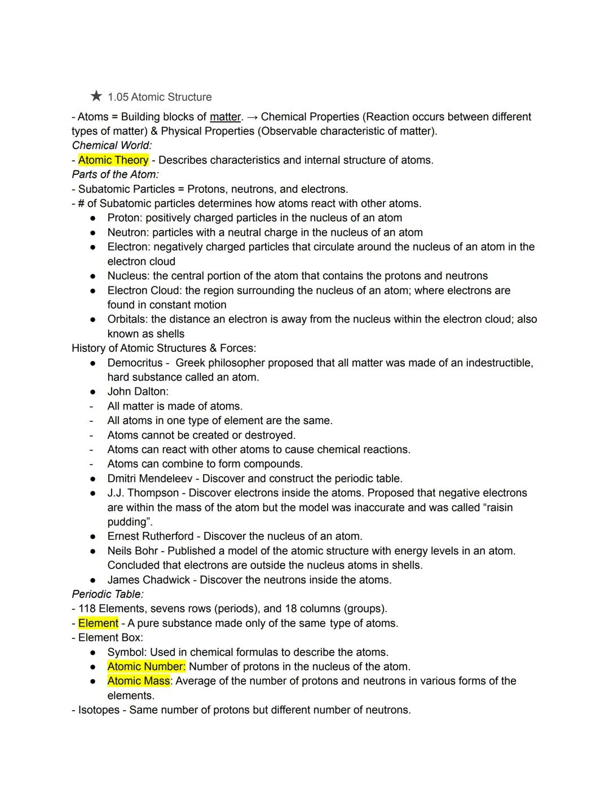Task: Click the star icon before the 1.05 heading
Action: point(96,96)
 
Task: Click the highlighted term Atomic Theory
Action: point(113,160)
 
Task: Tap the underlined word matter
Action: point(225,117)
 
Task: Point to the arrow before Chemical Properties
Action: point(253,117)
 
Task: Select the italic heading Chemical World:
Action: point(112,146)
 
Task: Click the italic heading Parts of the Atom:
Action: point(115,174)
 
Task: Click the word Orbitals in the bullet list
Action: point(127,319)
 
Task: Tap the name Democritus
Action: point(135,363)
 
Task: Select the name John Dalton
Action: point(137,391)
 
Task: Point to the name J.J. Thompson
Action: point(143,493)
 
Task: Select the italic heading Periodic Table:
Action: point(108,594)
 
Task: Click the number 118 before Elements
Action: point(87,609)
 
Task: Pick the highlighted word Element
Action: point(98,623)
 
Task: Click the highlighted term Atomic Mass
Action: point(139,681)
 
